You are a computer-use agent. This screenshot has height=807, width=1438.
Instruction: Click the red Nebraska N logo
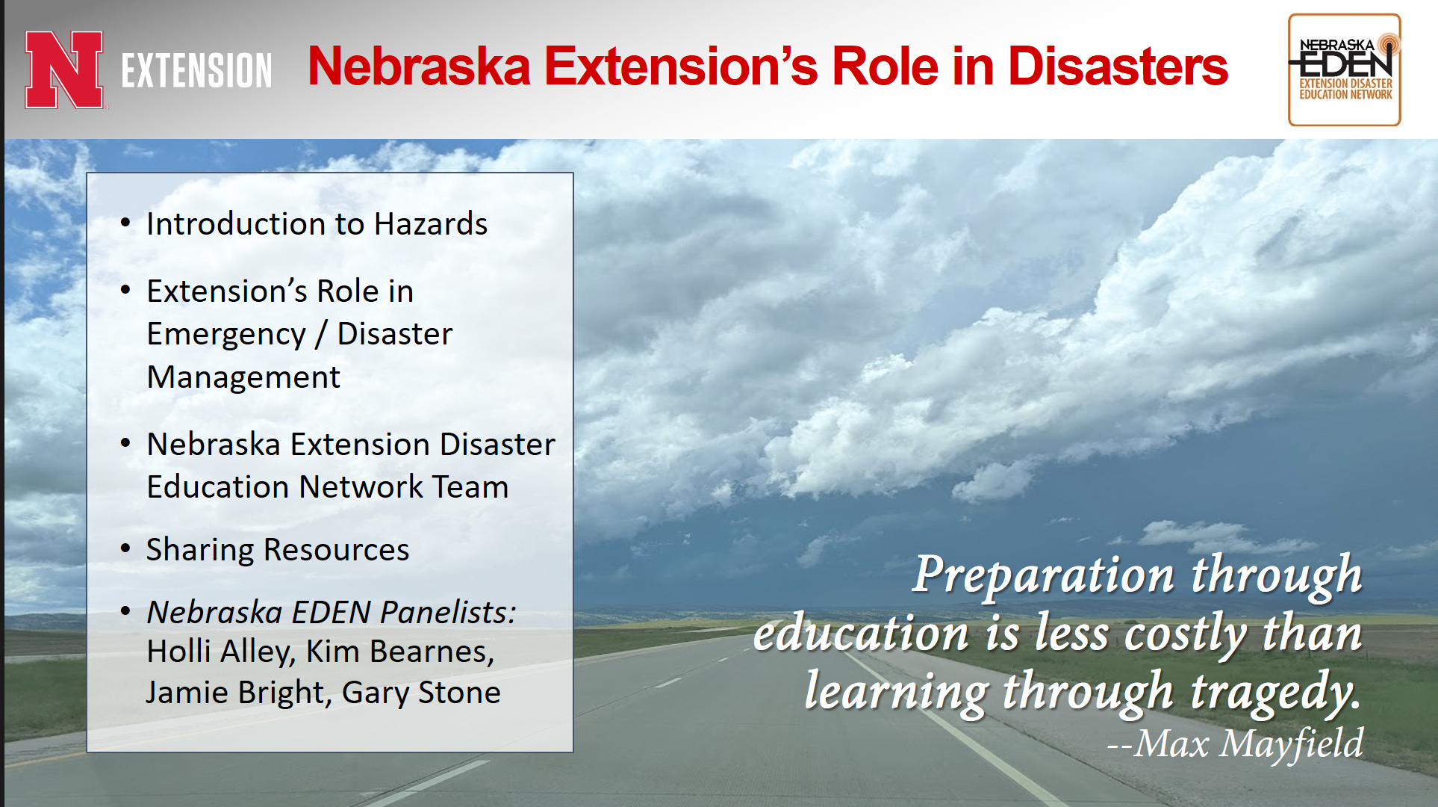[x=64, y=70]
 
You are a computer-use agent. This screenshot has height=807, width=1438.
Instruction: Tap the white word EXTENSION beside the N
[x=197, y=71]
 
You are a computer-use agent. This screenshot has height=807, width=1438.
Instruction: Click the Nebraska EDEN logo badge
[x=1345, y=69]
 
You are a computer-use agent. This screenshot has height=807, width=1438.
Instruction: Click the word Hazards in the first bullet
[x=431, y=224]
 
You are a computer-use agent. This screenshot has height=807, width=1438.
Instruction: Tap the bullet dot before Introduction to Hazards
[x=125, y=223]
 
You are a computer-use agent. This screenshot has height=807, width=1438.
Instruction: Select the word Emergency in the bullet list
[x=226, y=335]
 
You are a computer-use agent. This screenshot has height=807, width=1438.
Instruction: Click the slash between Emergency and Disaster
[x=321, y=335]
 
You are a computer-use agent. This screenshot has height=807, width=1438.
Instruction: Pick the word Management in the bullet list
[x=243, y=377]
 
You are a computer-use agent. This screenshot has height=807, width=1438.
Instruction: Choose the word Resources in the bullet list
[x=337, y=550]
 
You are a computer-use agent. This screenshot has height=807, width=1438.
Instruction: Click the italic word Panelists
[x=448, y=612]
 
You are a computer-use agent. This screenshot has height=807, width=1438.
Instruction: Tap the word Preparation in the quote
[x=1045, y=575]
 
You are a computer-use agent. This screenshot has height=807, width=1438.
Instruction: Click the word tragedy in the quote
[x=1275, y=692]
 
